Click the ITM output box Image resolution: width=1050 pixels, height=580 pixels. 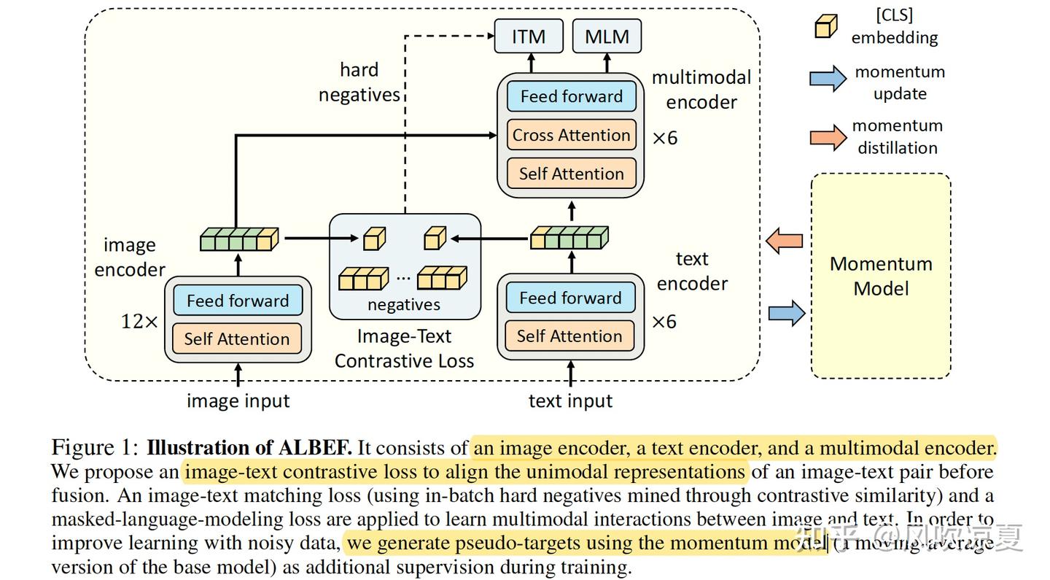pos(529,36)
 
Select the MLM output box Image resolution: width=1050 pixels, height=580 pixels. pos(607,36)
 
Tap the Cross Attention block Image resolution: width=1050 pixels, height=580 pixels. pos(571,135)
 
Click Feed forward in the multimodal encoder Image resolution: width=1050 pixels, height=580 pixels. pos(571,96)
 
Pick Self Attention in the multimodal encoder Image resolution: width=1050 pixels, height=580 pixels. pos(571,174)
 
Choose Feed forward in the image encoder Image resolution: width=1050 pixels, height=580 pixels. pos(238,301)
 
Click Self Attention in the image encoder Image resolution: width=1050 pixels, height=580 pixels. pos(237,339)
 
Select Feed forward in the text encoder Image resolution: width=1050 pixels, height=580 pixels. pos(570,298)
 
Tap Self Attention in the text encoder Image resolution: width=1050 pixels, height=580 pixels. pos(569,336)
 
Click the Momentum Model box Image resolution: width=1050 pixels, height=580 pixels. pos(881,276)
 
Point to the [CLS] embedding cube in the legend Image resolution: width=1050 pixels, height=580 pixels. pos(825,26)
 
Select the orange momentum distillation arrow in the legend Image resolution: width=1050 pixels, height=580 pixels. pos(828,136)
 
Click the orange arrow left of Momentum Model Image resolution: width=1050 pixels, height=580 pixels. pos(785,240)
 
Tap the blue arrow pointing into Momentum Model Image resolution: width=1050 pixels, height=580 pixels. pos(787,314)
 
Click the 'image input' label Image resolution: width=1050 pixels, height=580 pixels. pos(238,401)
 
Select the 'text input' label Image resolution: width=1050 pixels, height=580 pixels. pos(570,401)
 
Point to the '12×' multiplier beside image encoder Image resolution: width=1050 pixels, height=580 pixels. pos(139,321)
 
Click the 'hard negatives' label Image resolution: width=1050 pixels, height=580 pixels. pos(359,82)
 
